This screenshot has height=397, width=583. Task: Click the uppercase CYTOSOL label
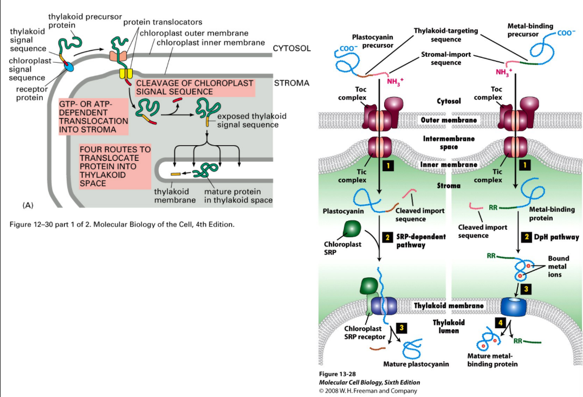coord(291,49)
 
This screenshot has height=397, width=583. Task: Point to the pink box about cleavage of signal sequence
coord(195,88)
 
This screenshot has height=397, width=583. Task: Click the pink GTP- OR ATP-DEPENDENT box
coord(93,116)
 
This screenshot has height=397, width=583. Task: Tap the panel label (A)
coord(28,205)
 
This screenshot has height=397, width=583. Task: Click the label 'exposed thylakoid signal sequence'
coord(251,120)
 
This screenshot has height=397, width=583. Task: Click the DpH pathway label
coord(556,237)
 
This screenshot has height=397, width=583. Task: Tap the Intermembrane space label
coord(449,142)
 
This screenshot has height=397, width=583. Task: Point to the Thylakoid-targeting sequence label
coord(445,35)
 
